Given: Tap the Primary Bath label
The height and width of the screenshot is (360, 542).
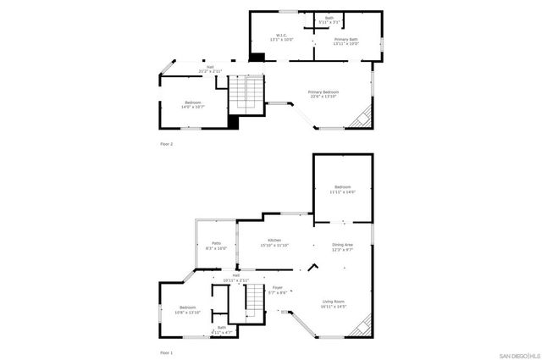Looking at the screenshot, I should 346,41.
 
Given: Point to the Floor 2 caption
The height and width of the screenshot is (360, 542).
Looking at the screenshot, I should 166,144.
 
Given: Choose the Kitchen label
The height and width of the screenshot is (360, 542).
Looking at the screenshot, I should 275,243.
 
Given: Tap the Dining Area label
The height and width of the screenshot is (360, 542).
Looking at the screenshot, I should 342,247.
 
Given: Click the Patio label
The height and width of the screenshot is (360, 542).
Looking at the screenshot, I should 216,246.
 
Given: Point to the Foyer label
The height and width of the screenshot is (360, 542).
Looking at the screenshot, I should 278,290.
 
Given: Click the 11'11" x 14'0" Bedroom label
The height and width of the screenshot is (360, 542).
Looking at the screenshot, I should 342,190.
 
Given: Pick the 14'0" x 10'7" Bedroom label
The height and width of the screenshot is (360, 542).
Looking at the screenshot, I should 192,105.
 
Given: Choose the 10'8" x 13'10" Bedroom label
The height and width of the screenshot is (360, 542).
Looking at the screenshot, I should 187,309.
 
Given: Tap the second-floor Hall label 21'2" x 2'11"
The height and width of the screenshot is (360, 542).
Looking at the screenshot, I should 209,69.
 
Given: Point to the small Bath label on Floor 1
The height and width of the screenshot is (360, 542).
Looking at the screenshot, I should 222,330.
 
